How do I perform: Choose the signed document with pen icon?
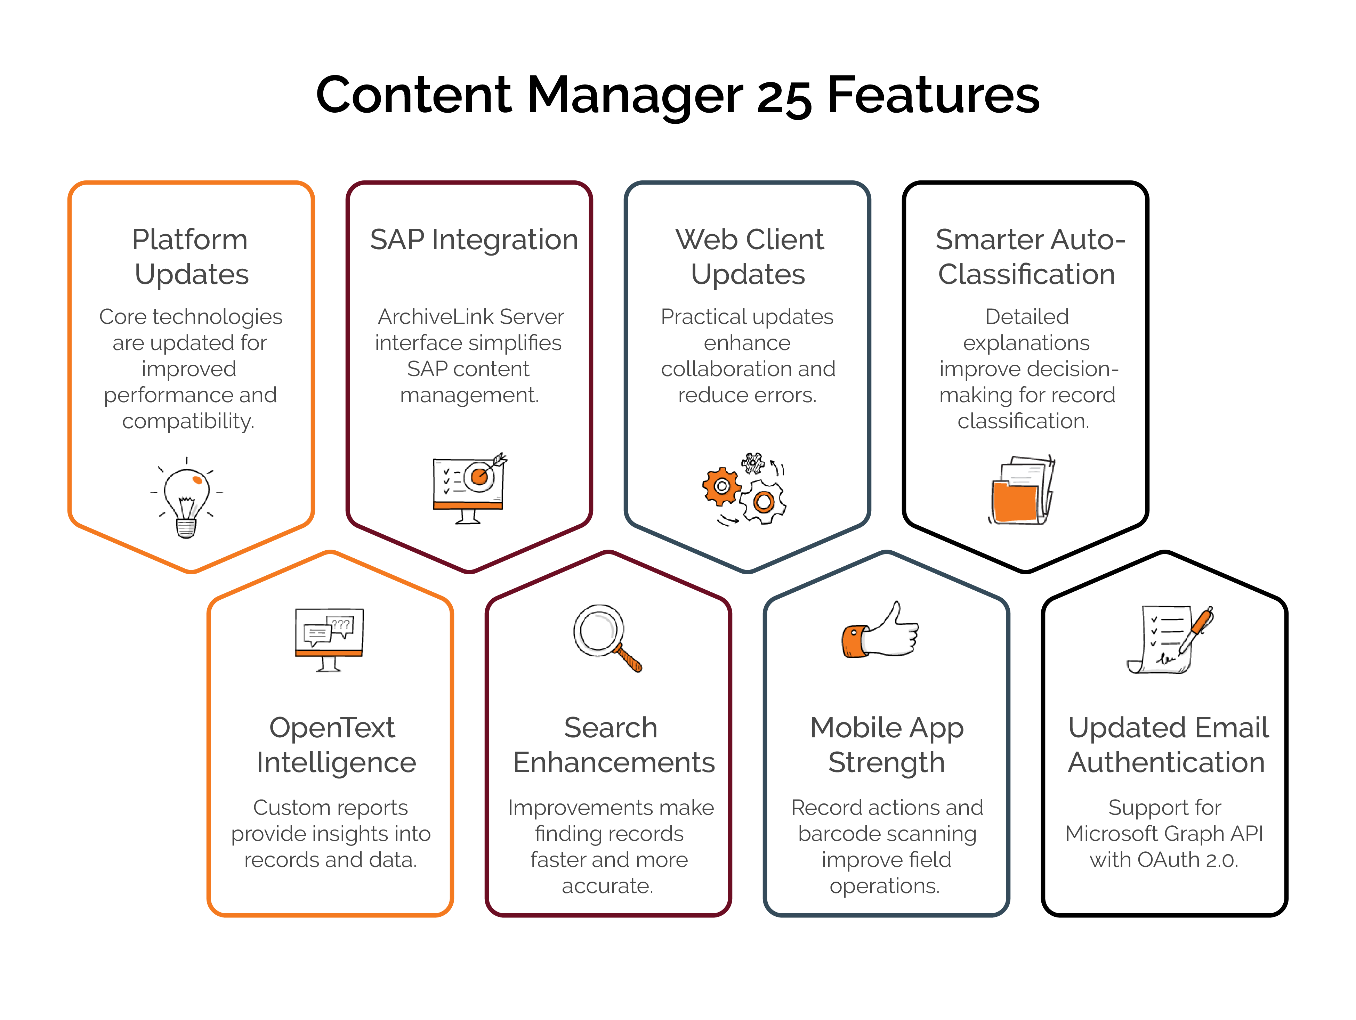point(1168,639)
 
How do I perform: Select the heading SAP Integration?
point(474,240)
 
